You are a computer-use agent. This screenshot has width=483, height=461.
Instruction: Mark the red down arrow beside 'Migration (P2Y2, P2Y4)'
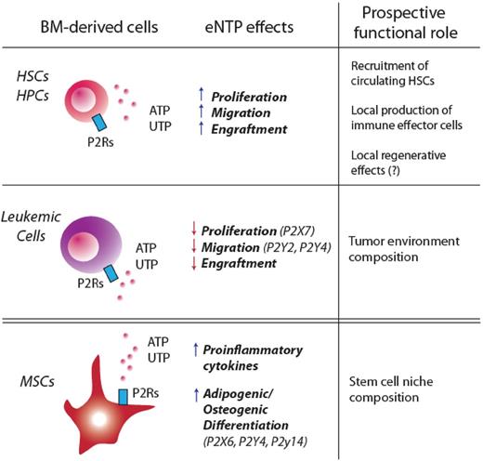click(191, 246)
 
